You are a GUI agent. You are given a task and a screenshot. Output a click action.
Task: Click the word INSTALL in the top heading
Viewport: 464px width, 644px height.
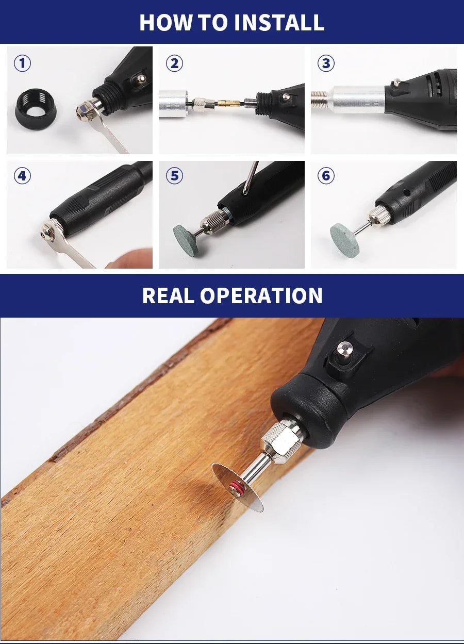(279, 23)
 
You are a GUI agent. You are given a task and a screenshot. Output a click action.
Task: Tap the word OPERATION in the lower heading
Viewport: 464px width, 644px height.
(261, 295)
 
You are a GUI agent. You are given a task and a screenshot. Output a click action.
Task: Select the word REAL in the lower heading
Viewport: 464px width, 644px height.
(168, 295)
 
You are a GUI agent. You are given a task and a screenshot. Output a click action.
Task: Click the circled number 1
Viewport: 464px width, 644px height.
(22, 63)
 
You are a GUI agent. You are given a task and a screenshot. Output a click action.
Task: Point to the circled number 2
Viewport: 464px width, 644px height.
(174, 63)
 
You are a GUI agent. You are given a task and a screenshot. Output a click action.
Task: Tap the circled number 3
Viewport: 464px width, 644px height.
(326, 63)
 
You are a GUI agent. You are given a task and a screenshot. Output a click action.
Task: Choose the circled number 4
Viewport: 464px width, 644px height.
(22, 176)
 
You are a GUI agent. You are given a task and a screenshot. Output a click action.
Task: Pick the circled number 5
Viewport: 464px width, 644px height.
(174, 176)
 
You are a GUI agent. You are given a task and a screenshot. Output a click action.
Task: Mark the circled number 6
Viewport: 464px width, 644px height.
(326, 176)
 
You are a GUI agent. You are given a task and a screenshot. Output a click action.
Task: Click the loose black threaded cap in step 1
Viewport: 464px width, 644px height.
(36, 109)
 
